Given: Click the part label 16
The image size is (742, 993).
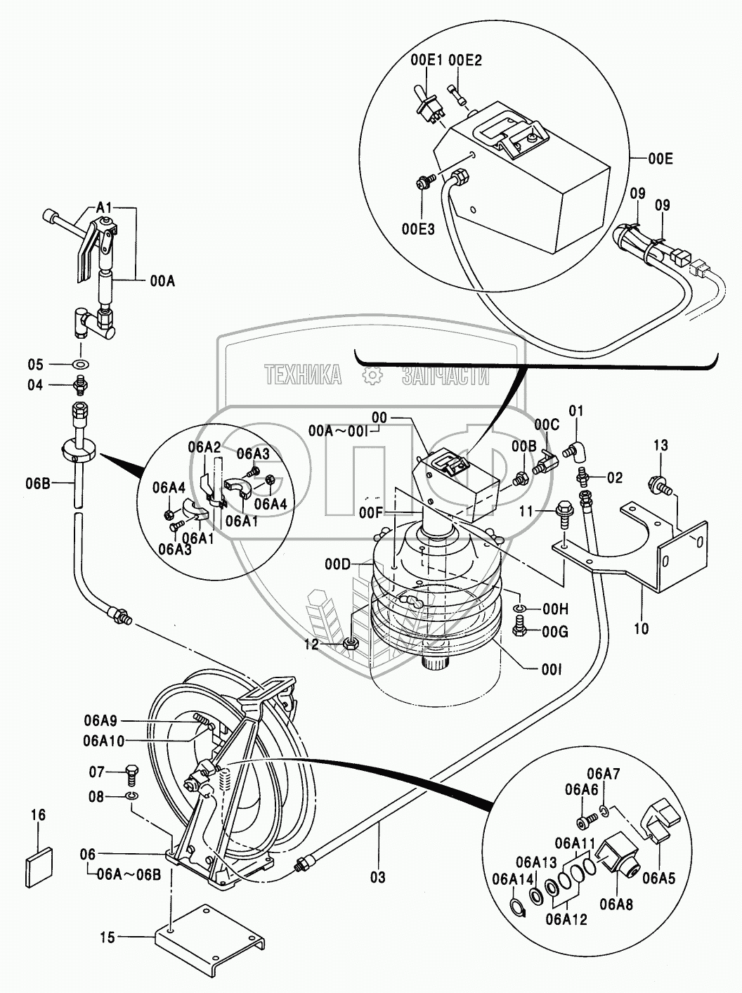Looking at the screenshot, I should tap(38, 814).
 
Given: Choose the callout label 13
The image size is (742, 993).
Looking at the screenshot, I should tap(660, 445).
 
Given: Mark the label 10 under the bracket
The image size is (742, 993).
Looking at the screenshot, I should tap(641, 628).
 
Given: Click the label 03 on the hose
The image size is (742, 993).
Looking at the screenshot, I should tap(378, 877).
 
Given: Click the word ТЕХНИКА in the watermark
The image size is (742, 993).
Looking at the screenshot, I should tap(304, 375).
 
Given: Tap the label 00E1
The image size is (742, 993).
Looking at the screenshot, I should tap(426, 60).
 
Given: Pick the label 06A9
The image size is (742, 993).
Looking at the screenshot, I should tap(100, 720).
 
